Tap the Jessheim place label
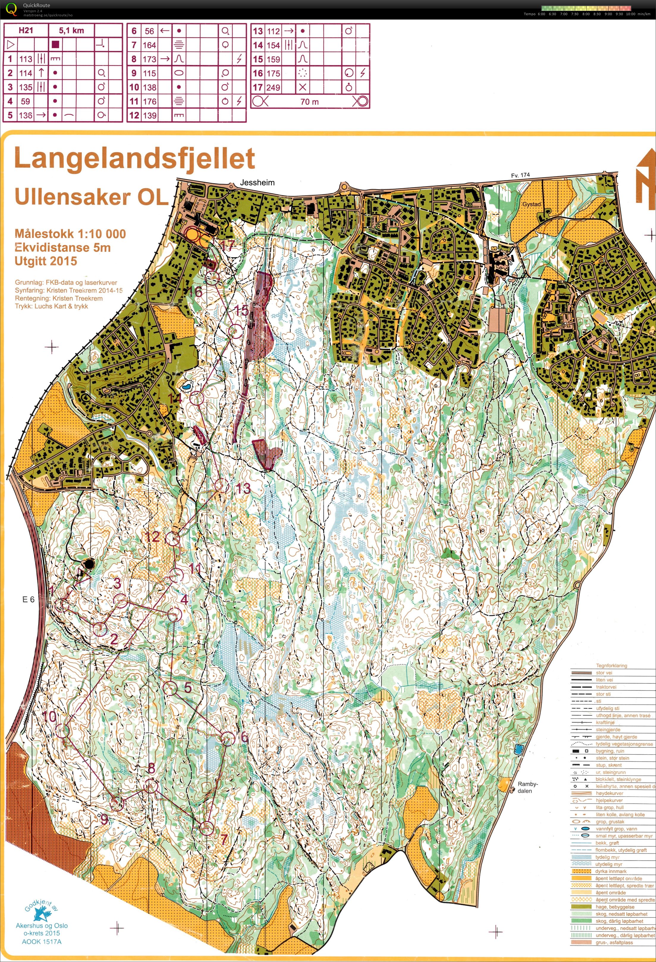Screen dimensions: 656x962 257,182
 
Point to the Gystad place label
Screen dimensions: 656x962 532,204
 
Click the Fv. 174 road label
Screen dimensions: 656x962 520,175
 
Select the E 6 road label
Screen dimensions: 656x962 28,599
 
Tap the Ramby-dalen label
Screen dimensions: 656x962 527,787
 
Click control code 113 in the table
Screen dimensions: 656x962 26,59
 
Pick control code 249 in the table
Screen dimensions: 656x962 273,87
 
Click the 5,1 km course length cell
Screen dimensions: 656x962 71,30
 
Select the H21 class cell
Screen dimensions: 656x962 26,30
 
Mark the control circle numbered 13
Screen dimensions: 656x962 220,485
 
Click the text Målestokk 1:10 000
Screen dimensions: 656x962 70,234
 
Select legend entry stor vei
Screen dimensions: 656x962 605,673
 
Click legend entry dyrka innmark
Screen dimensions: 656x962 611,871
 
